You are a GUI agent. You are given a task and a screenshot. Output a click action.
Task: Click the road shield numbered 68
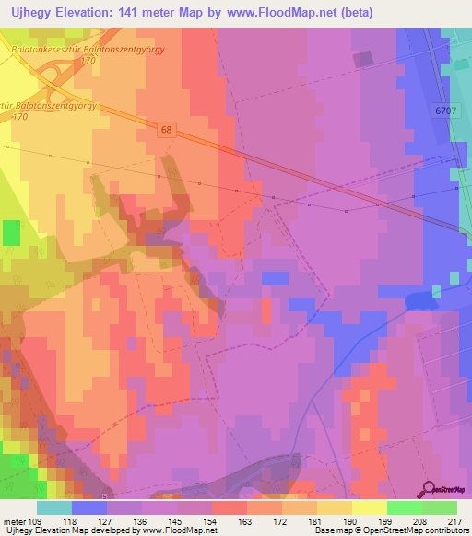164,128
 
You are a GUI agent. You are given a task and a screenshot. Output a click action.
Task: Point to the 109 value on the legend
35,520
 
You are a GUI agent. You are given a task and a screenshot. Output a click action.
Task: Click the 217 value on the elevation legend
449,520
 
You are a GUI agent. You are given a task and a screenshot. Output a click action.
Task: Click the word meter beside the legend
12,520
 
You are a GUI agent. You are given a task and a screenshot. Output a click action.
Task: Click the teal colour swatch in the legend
54,507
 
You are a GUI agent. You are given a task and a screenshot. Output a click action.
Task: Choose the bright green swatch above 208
404,507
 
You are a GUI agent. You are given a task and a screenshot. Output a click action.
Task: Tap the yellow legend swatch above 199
369,507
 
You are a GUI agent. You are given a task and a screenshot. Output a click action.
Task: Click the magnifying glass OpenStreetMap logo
431,489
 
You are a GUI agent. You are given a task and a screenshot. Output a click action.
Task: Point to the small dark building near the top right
364,59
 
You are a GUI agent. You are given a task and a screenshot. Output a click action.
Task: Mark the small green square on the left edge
11,233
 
